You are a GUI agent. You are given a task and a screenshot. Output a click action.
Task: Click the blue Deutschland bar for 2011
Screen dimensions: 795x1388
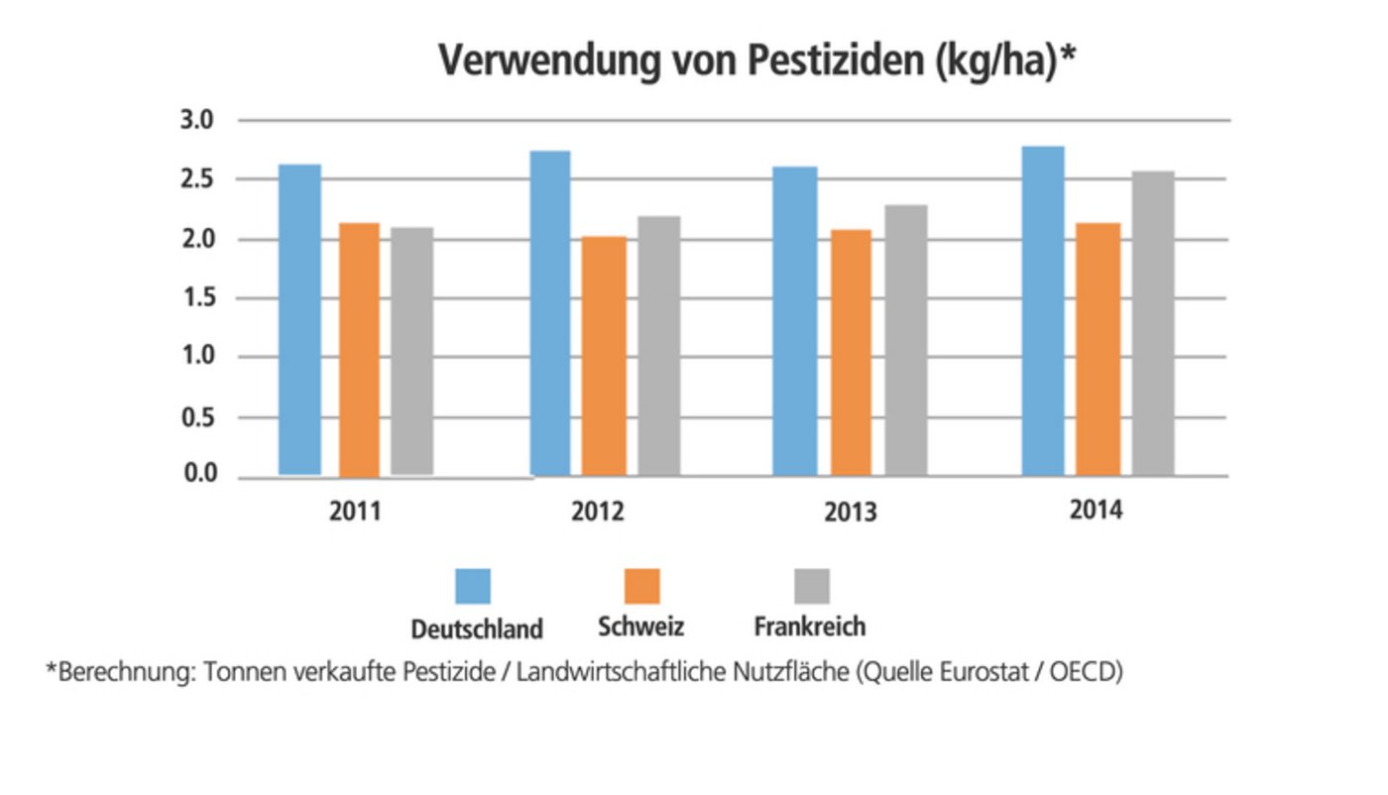coord(299,319)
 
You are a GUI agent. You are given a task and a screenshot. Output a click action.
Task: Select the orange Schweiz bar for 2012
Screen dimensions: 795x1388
coord(604,356)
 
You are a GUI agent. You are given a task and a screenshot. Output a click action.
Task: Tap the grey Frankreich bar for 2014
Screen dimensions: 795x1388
coord(1153,323)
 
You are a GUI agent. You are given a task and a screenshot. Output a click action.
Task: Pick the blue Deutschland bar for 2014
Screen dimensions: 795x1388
coord(1042,311)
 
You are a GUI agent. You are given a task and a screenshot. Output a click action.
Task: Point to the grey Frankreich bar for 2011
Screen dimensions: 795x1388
coord(411,351)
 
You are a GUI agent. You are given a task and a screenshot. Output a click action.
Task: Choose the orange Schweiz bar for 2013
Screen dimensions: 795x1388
coord(851,352)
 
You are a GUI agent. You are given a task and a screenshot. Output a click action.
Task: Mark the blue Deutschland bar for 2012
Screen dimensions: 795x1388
coord(550,313)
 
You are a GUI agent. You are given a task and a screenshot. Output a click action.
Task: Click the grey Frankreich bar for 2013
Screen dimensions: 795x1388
coord(906,340)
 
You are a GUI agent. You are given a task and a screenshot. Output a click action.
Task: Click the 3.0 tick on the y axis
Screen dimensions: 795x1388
coord(196,121)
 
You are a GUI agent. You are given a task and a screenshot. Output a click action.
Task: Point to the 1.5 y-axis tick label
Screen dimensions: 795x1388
coord(196,298)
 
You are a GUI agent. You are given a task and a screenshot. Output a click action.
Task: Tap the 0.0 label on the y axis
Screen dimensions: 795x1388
coord(196,475)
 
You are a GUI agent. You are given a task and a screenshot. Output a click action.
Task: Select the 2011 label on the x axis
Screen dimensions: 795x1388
coord(355,512)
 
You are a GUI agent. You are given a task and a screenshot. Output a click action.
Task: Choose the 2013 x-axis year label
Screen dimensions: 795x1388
coord(850,512)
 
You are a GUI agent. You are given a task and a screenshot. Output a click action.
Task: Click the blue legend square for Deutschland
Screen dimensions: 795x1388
coord(473,586)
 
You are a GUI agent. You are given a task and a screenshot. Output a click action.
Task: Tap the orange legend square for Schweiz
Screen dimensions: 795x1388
coord(641,586)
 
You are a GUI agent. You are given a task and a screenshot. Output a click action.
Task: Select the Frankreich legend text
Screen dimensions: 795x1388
coord(809,627)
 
